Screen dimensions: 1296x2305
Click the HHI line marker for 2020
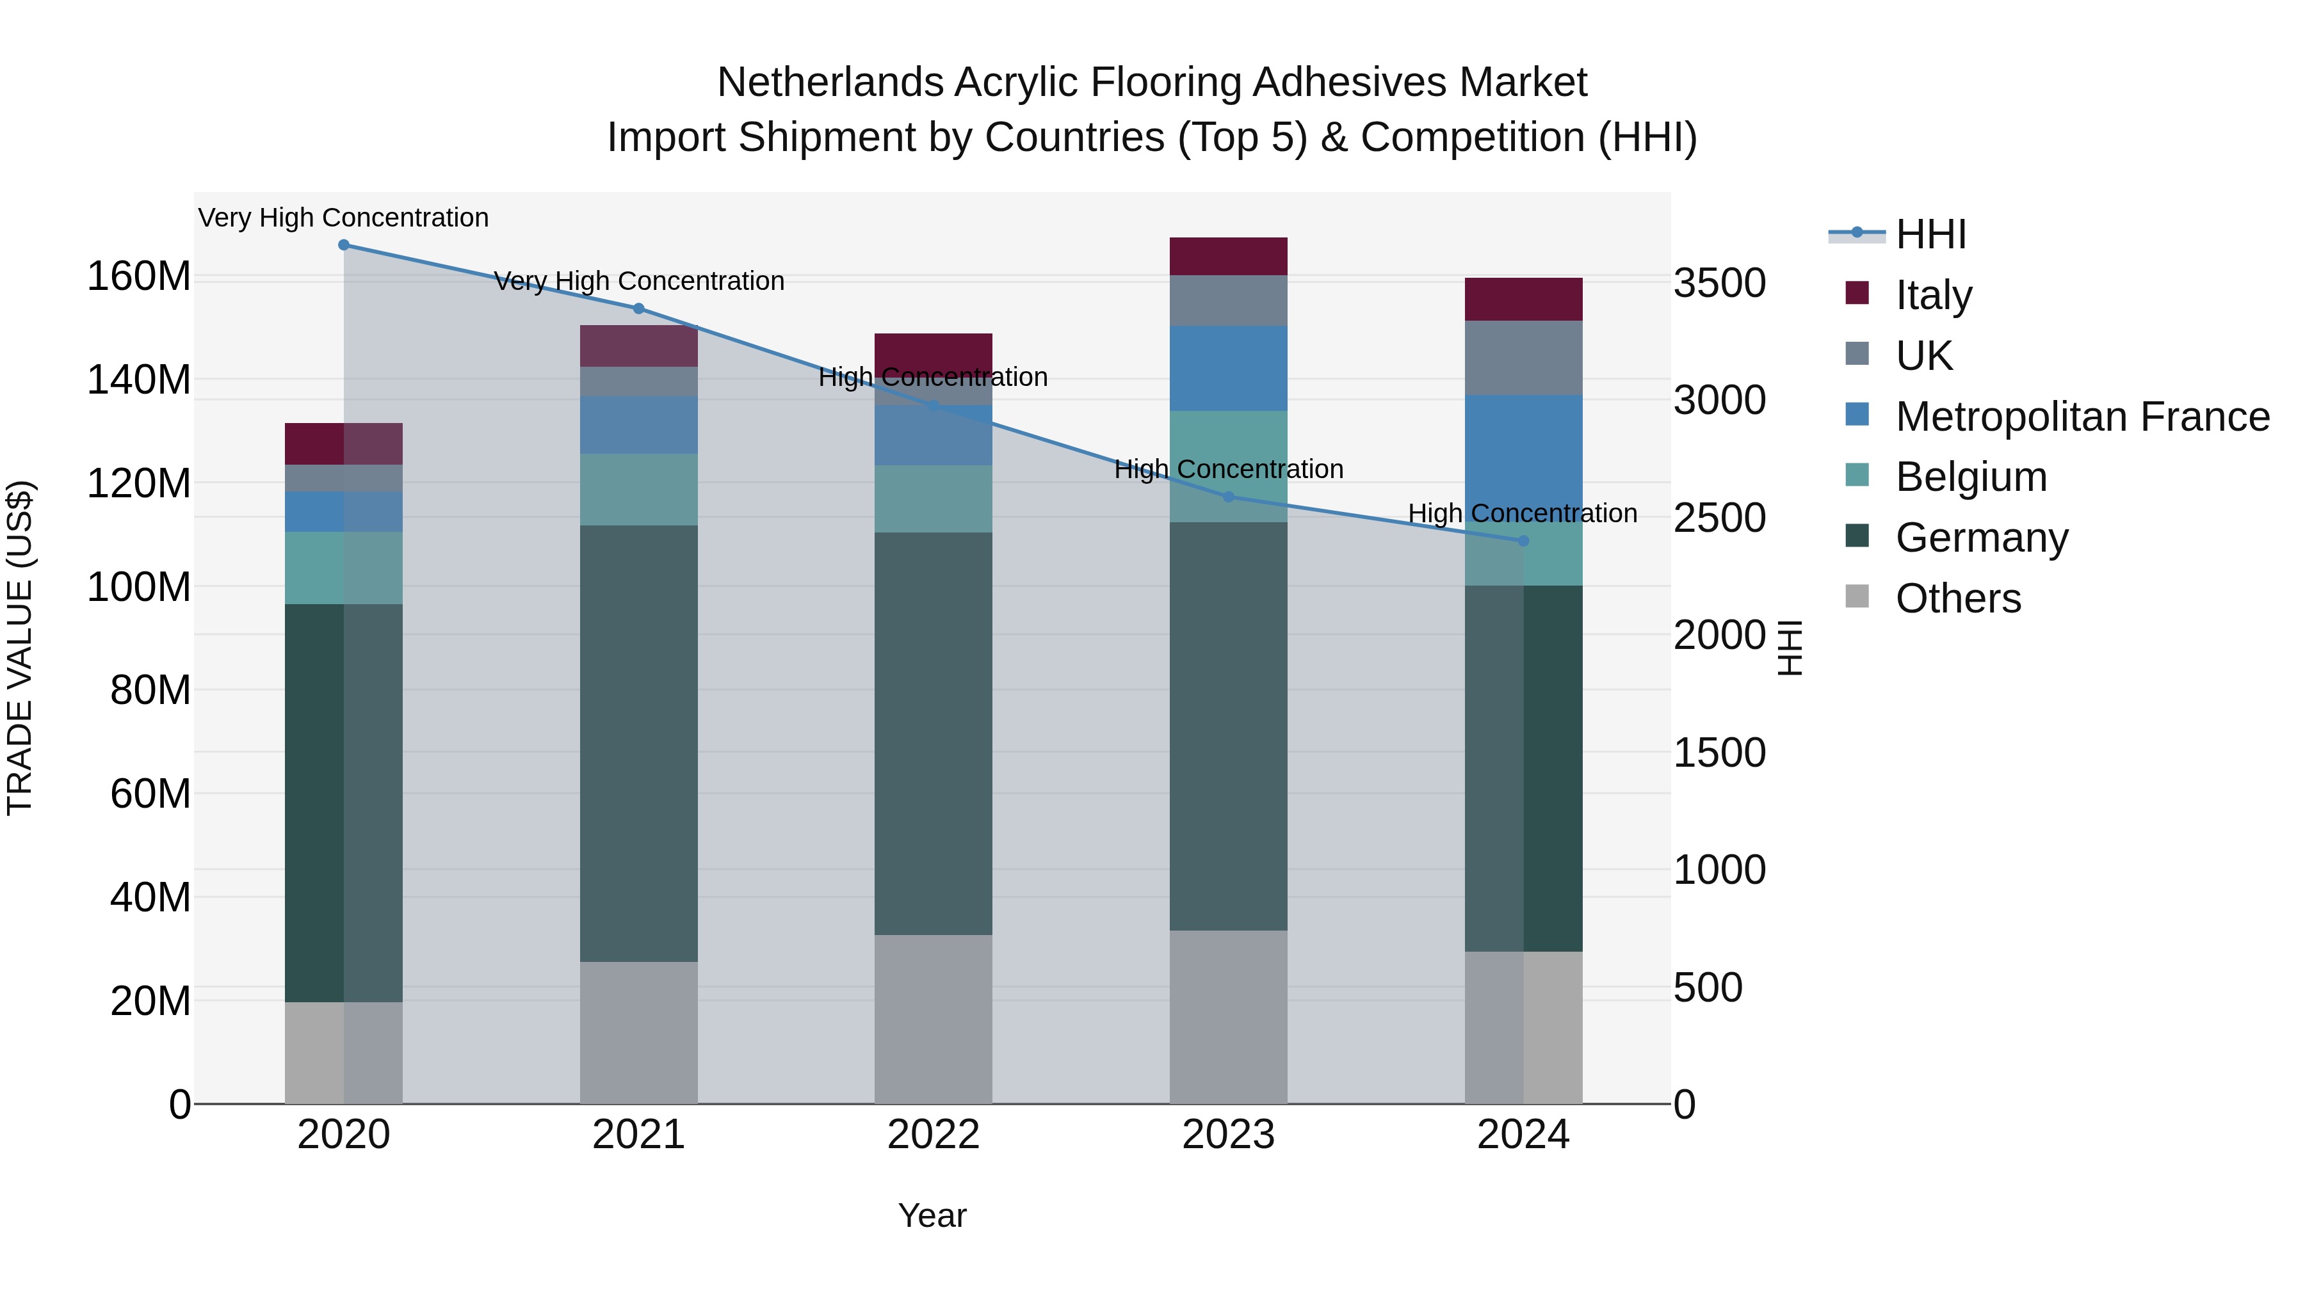point(344,245)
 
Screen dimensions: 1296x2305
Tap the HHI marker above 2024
point(1523,541)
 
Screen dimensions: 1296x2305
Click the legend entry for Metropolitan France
point(2082,417)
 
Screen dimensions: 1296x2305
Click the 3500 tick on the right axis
point(1719,284)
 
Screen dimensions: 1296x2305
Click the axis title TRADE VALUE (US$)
point(20,648)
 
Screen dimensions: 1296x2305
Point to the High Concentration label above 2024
point(1523,513)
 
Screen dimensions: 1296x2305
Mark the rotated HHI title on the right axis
point(1789,648)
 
